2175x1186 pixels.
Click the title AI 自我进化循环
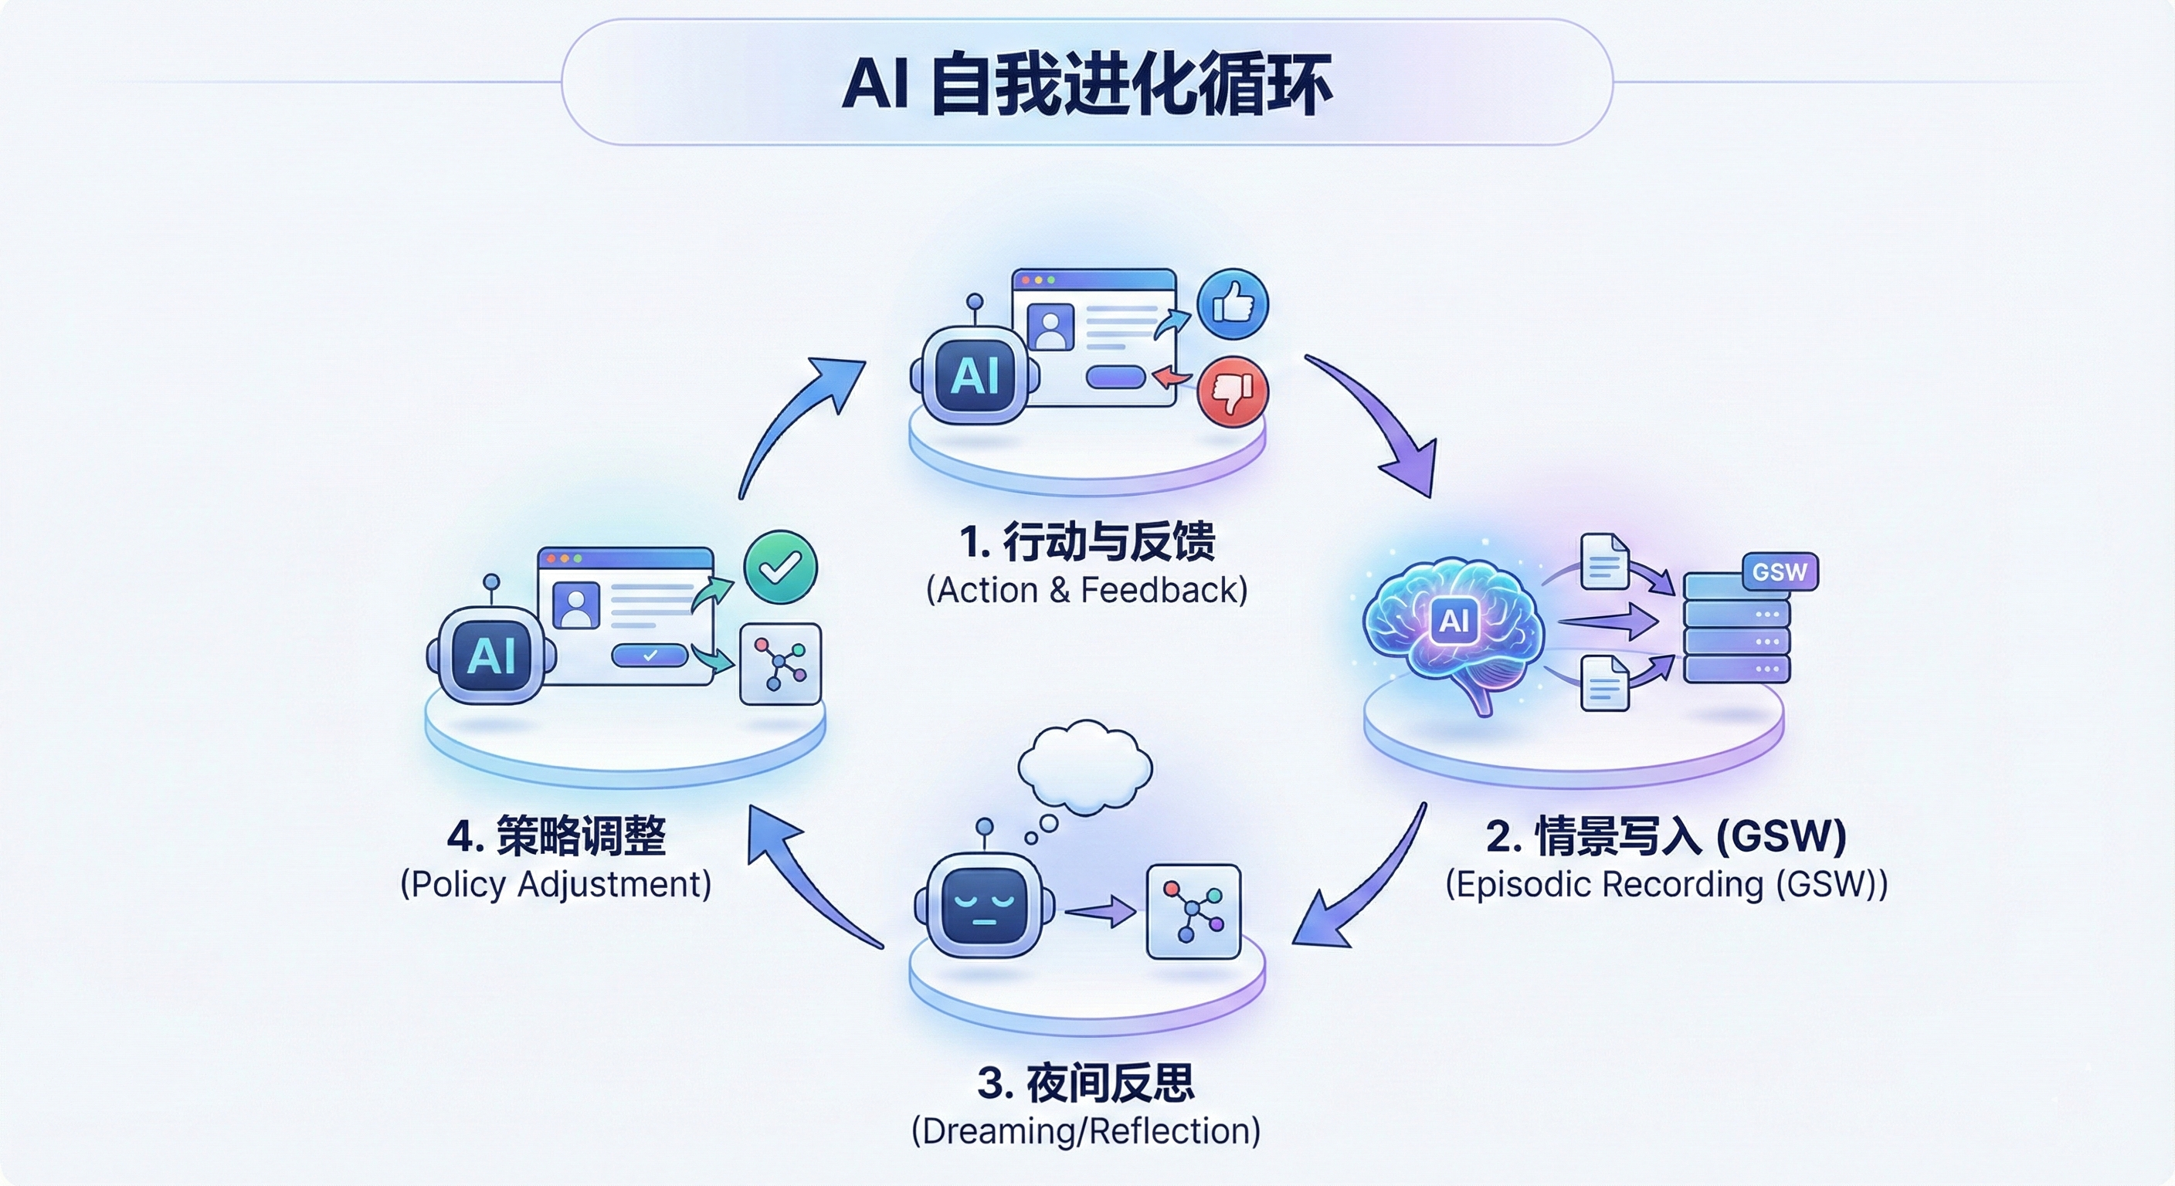coord(1087,83)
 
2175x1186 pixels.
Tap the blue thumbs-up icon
coord(1233,304)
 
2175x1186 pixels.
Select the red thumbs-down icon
coord(1233,391)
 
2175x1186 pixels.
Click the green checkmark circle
coord(780,568)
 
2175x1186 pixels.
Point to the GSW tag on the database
coord(1779,572)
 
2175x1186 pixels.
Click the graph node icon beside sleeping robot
coord(1193,912)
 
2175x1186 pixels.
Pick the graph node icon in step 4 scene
coord(780,664)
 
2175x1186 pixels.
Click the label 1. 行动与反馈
coord(1087,542)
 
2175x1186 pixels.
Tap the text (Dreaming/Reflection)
coord(1086,1131)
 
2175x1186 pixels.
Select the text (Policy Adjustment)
coord(555,885)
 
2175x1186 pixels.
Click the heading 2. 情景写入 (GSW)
coord(1666,836)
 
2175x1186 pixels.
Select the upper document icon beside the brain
coord(1604,562)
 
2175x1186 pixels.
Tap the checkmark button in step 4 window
coord(650,655)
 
